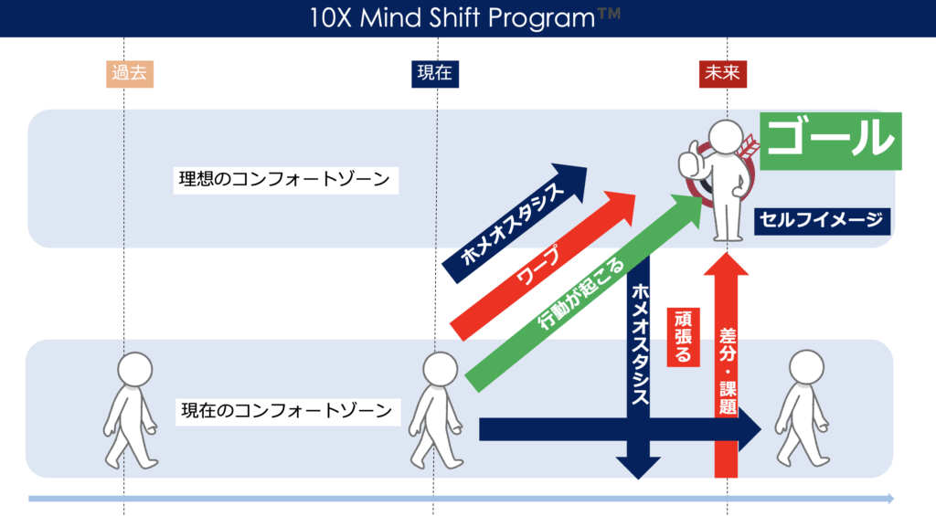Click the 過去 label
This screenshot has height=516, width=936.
pyautogui.click(x=129, y=74)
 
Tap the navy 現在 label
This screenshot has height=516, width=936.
pyautogui.click(x=434, y=74)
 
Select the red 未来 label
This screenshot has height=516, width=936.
pyautogui.click(x=722, y=74)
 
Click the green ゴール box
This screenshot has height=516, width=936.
pyautogui.click(x=830, y=141)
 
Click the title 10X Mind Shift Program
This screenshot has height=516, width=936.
pyautogui.click(x=467, y=17)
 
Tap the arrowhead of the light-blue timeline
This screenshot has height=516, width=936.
pyautogui.click(x=888, y=499)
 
